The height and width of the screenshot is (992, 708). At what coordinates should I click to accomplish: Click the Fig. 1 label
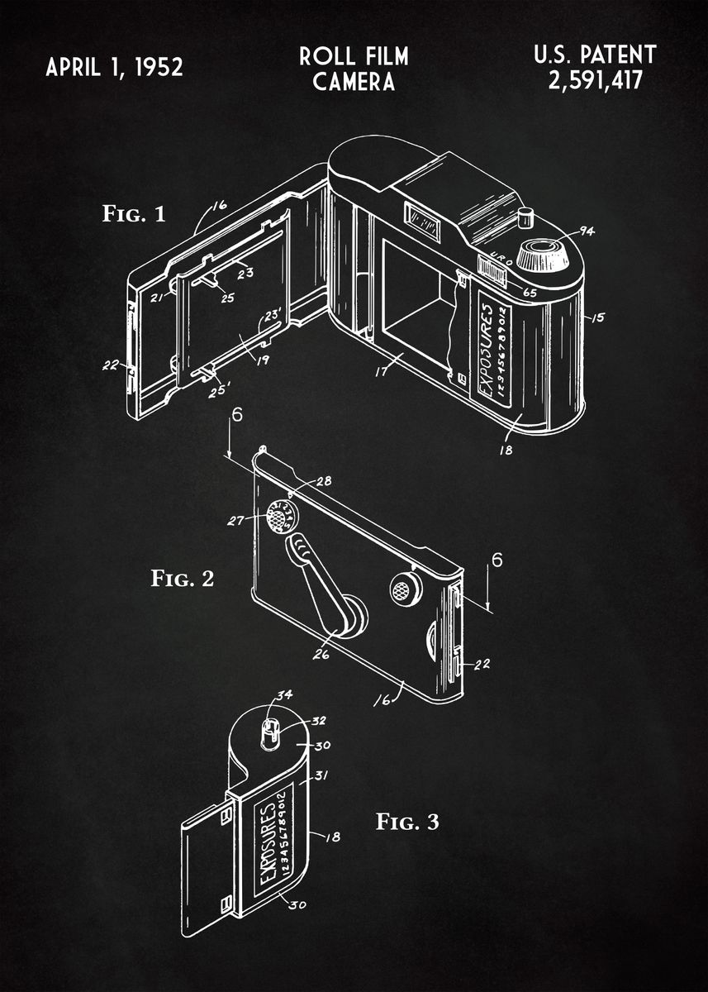[134, 215]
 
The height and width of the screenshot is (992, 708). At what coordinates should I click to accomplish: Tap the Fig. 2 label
[182, 578]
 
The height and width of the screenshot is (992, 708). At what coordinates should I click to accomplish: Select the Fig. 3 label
[407, 822]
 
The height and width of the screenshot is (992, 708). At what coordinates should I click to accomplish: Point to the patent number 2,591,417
[594, 81]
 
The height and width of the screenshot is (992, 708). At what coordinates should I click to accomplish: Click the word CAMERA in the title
[354, 82]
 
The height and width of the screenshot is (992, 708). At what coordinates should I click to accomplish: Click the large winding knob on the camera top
[543, 255]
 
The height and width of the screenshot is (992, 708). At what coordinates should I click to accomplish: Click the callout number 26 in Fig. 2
[321, 656]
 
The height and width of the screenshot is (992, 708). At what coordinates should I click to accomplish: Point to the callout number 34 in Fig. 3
[283, 694]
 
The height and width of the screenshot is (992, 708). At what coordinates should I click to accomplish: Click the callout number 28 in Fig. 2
[322, 481]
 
